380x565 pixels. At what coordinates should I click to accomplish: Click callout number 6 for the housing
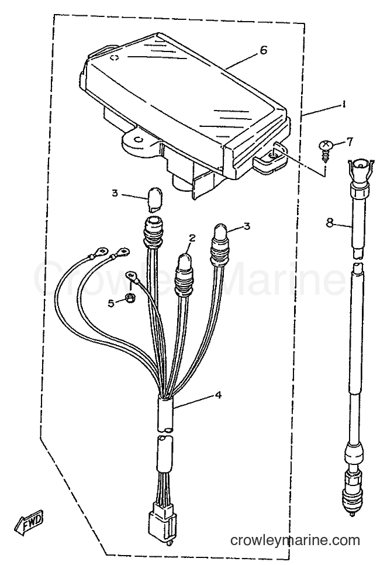(x=264, y=50)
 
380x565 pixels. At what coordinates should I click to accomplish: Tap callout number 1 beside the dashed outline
(x=344, y=105)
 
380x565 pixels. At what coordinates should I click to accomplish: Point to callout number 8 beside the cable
(x=330, y=223)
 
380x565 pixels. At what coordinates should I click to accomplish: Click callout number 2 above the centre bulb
(x=192, y=238)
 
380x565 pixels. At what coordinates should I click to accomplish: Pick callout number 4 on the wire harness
(x=218, y=395)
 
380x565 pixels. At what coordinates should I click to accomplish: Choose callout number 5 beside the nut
(x=111, y=303)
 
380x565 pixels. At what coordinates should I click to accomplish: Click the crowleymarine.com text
(x=295, y=540)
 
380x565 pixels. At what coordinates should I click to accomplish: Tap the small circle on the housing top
(x=114, y=58)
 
